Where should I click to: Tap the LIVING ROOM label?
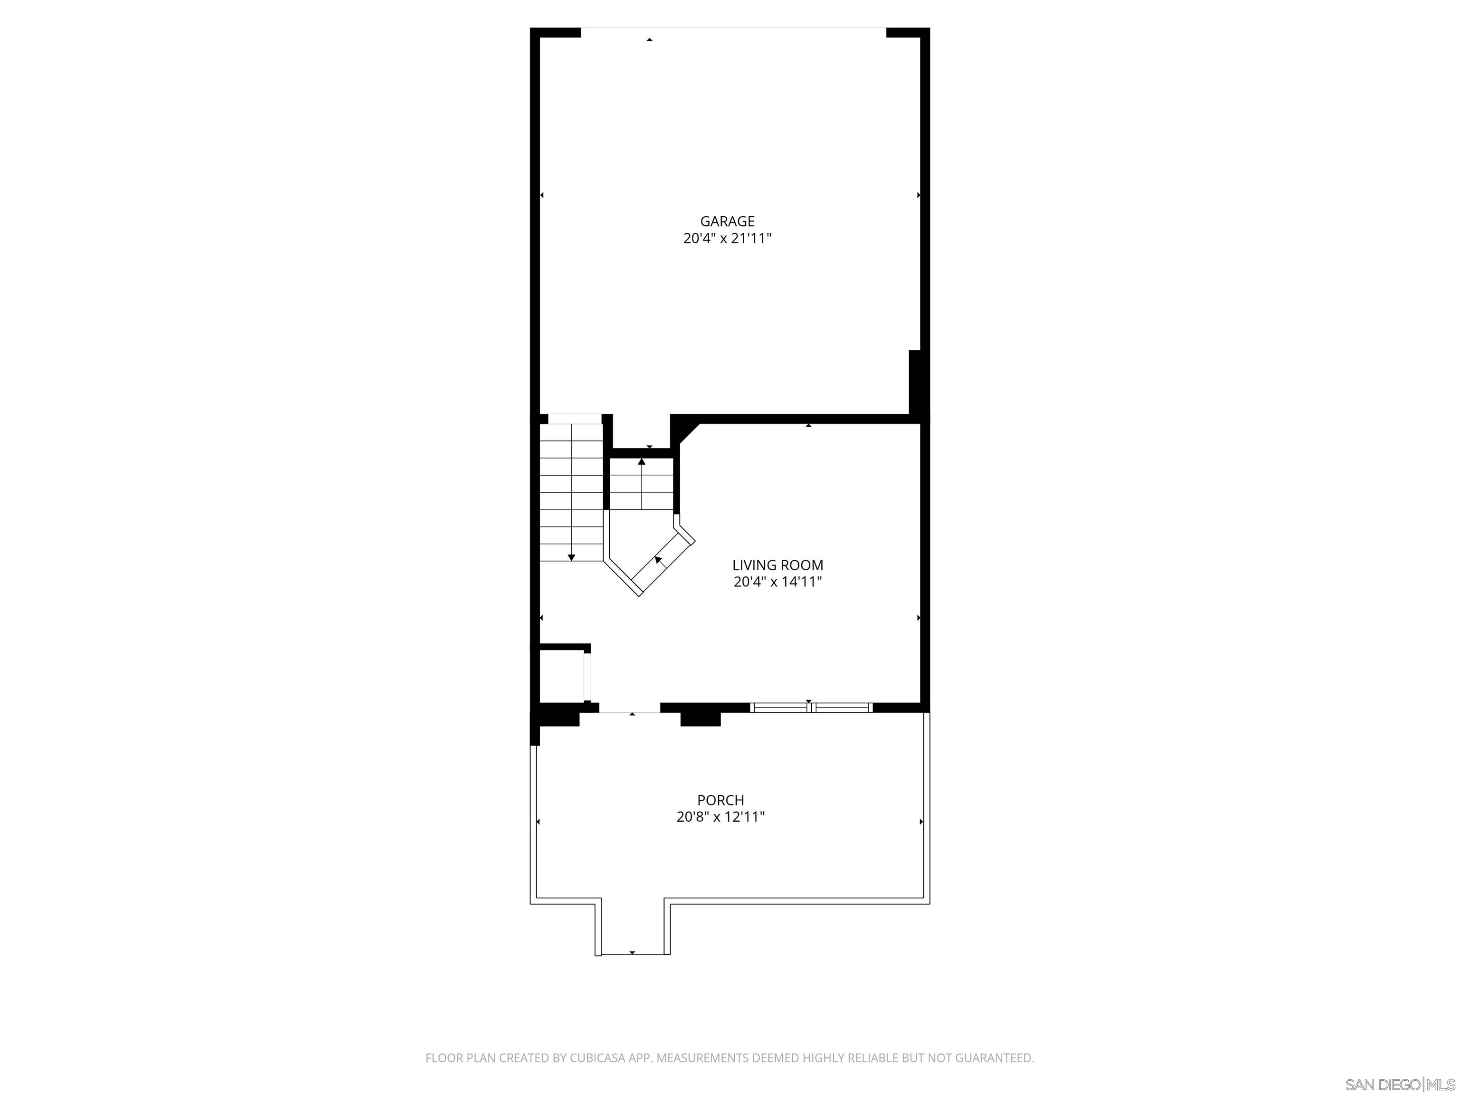click(778, 565)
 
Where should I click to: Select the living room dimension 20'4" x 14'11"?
click(778, 582)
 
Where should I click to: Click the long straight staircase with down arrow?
click(571, 492)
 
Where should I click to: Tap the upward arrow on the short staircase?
click(642, 462)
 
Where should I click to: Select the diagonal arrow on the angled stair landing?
click(658, 560)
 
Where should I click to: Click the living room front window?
click(811, 708)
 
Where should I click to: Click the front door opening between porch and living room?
click(630, 710)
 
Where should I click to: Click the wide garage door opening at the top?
click(733, 29)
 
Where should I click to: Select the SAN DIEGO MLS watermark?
click(1399, 1085)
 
